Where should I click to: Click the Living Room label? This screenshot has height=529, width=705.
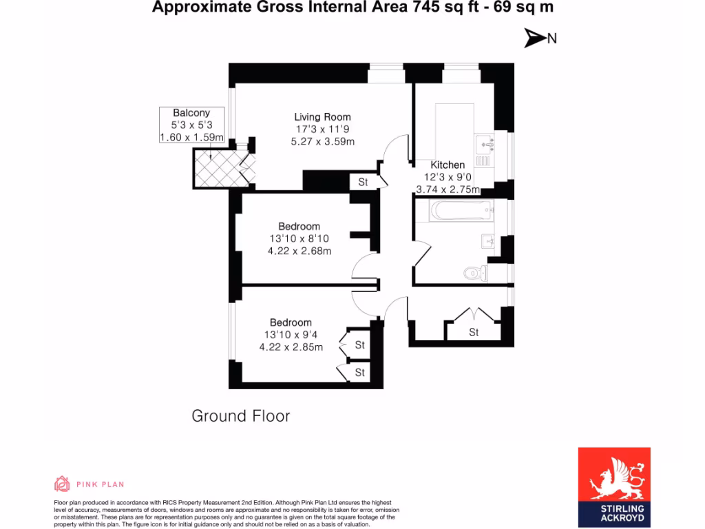click(322, 117)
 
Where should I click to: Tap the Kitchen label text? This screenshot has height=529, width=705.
click(448, 165)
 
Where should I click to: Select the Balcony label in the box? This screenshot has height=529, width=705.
click(191, 113)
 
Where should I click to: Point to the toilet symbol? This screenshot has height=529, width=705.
click(474, 273)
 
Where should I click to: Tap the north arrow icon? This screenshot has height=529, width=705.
click(535, 39)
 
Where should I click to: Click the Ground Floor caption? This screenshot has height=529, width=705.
click(240, 416)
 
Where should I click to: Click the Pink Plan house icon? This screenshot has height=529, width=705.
click(62, 484)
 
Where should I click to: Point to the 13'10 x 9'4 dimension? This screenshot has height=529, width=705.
click(291, 335)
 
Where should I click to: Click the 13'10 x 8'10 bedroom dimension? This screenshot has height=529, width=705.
click(299, 239)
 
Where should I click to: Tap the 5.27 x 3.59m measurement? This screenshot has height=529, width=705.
click(322, 142)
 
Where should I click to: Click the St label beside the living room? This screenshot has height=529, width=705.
click(363, 183)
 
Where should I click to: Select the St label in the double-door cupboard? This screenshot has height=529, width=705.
click(474, 333)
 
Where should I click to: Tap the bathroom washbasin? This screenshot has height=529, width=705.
click(489, 241)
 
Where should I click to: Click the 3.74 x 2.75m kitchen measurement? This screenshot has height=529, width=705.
click(448, 189)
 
